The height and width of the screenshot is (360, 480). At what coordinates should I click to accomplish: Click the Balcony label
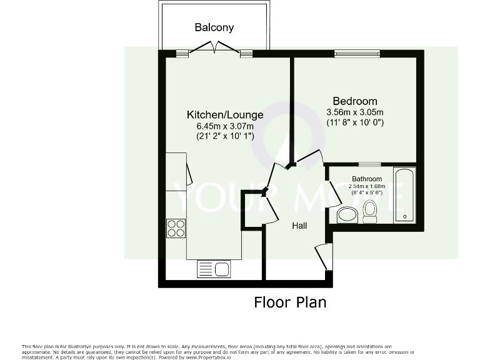coord(214,27)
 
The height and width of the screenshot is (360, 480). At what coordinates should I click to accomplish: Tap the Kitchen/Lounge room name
coord(225,115)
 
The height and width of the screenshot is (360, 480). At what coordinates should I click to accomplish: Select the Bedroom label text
coord(355,101)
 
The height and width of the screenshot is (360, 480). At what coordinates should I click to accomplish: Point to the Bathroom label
coord(367,179)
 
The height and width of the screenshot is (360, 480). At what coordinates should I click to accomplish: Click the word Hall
coord(299,226)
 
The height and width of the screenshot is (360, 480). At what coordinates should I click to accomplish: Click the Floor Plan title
coord(290,302)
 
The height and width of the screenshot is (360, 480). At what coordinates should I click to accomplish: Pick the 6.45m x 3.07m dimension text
coord(225,126)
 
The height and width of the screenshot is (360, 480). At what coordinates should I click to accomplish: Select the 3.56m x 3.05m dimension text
coord(355,112)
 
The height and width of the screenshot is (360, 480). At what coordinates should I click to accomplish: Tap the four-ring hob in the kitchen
coord(176,228)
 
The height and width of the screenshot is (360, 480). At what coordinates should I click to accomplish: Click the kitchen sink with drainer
coord(214,269)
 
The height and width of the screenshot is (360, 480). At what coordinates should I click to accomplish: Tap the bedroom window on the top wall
coord(356,53)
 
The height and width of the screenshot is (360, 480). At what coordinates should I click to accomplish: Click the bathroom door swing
coord(333,193)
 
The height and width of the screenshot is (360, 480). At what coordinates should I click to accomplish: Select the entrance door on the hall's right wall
coord(324,256)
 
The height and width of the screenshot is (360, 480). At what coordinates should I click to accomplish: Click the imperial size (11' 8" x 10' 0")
coord(355,123)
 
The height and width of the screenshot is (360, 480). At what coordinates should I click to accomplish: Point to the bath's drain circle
coord(404,217)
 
